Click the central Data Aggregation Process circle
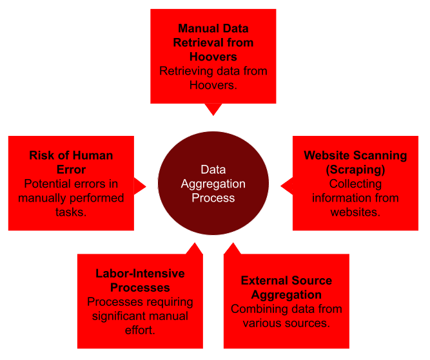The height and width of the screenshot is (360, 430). [x=213, y=184]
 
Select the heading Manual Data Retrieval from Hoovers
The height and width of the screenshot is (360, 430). [x=213, y=43]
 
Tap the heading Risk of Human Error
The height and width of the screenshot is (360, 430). [x=71, y=162]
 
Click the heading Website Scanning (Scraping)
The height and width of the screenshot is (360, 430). [x=355, y=162]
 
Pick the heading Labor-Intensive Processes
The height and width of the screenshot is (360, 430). [x=140, y=280]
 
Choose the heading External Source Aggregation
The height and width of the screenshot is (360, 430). [x=286, y=287]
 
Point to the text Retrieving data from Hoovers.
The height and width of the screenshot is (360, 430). [x=213, y=77]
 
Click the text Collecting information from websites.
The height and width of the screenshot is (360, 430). [x=355, y=198]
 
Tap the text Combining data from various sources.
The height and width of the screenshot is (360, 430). [x=286, y=316]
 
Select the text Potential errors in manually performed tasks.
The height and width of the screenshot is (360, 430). [x=71, y=198]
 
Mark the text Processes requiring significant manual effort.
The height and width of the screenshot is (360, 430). [x=140, y=316]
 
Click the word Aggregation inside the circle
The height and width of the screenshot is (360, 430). [x=213, y=184]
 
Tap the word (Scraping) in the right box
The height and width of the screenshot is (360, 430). [x=356, y=169]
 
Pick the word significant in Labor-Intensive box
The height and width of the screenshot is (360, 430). [x=123, y=316]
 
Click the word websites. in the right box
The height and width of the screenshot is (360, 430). [x=355, y=212]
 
